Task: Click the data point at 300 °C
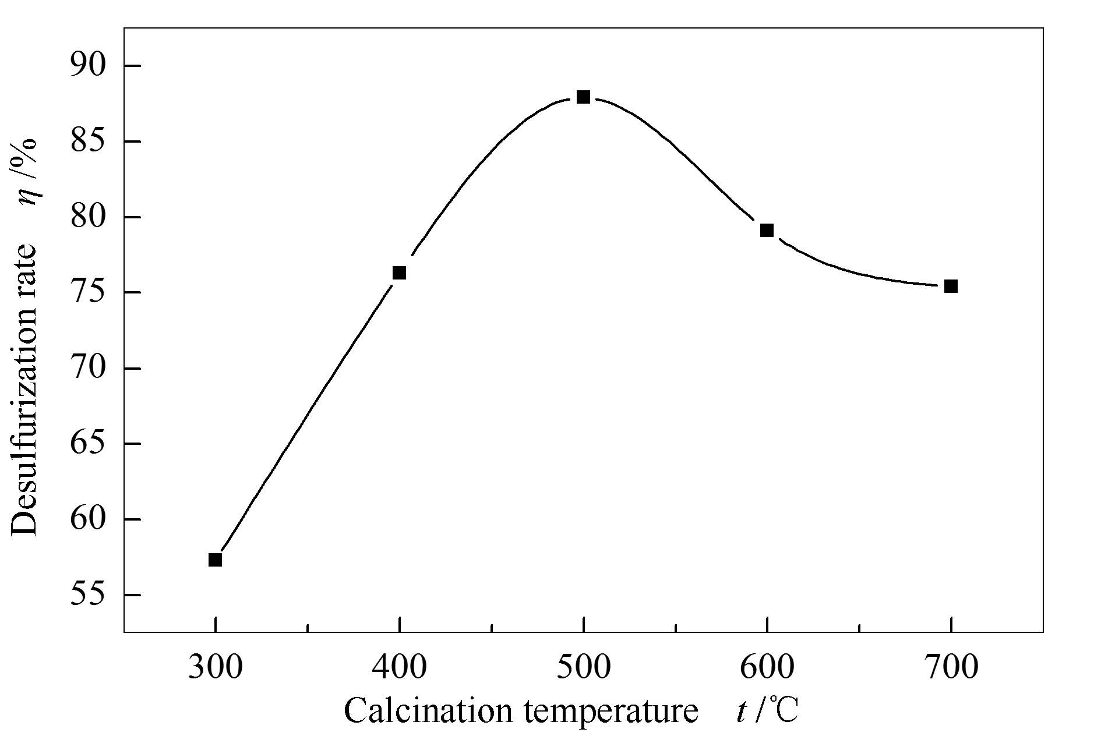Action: point(215,560)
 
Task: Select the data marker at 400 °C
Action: point(399,273)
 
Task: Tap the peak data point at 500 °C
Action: point(583,97)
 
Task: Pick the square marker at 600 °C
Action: point(767,230)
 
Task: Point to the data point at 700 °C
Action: point(951,286)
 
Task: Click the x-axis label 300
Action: point(215,667)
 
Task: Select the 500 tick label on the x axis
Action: point(583,667)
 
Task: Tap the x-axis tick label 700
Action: point(951,667)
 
